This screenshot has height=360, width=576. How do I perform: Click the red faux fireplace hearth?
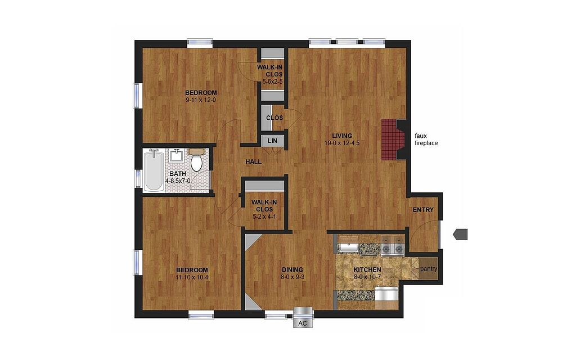tap(389, 139)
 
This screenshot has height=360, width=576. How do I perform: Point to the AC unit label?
tap(302, 323)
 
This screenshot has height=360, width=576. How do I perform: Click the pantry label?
tap(429, 269)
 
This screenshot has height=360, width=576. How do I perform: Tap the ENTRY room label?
tap(423, 210)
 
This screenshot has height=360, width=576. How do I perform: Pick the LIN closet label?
tap(272, 141)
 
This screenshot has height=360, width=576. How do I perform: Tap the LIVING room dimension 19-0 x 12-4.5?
tap(341, 143)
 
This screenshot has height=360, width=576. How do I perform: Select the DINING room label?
tap(292, 270)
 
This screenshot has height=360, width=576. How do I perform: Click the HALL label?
tap(254, 161)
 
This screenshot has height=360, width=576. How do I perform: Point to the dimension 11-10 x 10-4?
tap(192, 277)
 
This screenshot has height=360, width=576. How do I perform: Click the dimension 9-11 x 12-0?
tap(201, 100)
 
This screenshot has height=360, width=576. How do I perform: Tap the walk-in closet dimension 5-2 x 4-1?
tap(264, 217)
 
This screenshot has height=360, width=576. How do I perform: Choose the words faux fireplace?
tap(426, 139)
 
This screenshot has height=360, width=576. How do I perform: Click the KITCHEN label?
tap(367, 270)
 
